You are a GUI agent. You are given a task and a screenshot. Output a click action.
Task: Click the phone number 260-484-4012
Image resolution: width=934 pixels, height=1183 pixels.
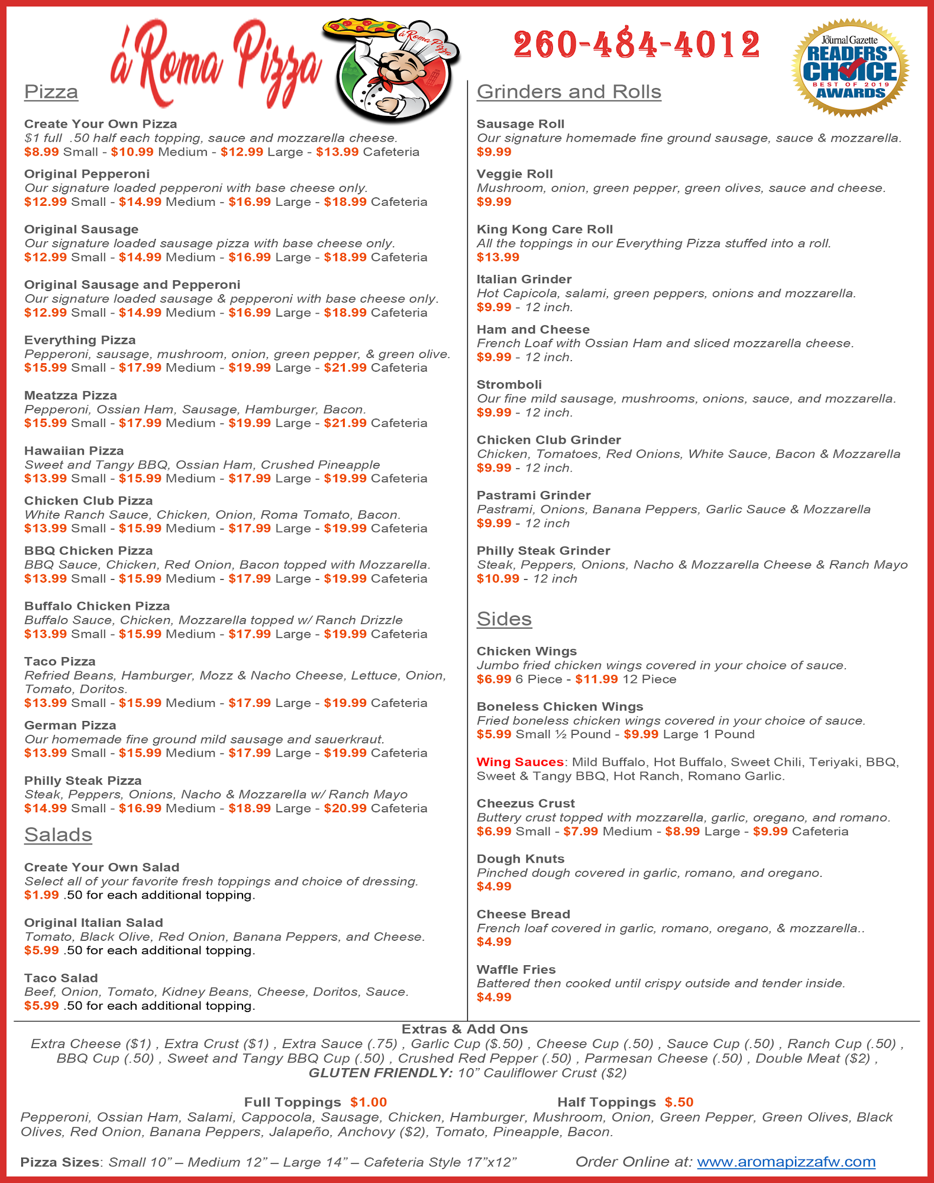click(x=636, y=45)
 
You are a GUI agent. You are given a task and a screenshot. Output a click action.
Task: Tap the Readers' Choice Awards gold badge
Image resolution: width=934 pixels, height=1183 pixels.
click(x=850, y=68)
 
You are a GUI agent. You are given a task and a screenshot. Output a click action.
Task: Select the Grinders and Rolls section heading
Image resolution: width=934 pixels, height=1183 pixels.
click(x=568, y=92)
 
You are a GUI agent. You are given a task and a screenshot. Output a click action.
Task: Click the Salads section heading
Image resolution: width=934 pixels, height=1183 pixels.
click(x=58, y=835)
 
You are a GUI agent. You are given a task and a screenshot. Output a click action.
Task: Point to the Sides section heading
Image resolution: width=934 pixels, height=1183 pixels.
click(x=504, y=619)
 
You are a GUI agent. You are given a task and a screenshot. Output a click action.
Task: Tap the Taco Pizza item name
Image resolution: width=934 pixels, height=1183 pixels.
click(x=60, y=661)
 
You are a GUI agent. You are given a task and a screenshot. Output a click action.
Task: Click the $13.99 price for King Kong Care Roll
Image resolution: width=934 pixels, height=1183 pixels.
click(x=497, y=257)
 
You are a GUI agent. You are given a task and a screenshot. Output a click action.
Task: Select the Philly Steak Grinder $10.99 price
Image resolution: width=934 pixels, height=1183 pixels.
click(x=497, y=578)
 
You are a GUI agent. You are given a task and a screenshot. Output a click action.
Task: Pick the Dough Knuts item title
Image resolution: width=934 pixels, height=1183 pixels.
click(x=520, y=859)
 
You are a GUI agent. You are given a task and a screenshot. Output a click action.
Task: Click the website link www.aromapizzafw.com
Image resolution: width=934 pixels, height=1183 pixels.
click(x=786, y=1162)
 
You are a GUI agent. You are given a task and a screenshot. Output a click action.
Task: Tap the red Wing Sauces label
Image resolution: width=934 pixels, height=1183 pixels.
click(x=520, y=762)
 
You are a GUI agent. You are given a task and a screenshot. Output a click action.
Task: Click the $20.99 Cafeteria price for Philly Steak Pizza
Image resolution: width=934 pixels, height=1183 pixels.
click(x=345, y=808)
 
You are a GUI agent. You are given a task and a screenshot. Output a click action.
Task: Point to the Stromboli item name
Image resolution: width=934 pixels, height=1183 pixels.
click(x=509, y=384)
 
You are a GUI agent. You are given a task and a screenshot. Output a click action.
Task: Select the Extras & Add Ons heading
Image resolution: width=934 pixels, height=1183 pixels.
click(x=464, y=1029)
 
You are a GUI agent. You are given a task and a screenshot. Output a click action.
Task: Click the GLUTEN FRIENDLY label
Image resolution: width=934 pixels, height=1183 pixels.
click(x=380, y=1073)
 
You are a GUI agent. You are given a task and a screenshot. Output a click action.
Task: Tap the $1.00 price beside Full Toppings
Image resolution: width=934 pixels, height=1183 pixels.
click(x=368, y=1102)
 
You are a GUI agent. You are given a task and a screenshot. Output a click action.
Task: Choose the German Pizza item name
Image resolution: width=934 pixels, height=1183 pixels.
click(x=70, y=725)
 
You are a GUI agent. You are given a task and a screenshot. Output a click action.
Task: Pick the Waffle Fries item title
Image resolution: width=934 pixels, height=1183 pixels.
click(x=516, y=969)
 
